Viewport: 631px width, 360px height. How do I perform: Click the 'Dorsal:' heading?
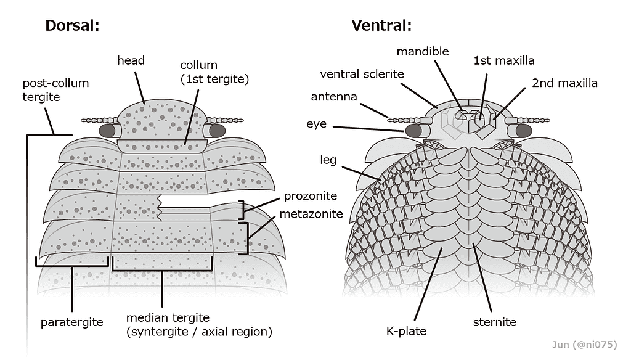(x=72, y=25)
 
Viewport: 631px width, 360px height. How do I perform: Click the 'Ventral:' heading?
(x=381, y=25)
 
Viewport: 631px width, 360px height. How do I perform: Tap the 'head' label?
(x=131, y=60)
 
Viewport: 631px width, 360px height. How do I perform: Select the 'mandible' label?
(x=423, y=52)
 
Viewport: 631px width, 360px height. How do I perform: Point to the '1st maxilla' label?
(x=504, y=61)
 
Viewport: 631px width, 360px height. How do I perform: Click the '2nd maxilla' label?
(x=564, y=83)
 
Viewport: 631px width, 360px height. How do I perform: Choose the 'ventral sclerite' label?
(x=362, y=74)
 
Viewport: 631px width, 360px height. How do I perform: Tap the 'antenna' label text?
(x=334, y=97)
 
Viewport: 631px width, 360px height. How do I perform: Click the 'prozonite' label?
(x=311, y=196)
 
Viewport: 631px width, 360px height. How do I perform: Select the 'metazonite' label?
(x=311, y=214)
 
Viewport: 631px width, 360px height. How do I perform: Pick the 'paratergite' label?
(x=71, y=322)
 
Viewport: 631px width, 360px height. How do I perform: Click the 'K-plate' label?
(x=406, y=331)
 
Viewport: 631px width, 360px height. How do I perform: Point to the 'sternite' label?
(x=495, y=322)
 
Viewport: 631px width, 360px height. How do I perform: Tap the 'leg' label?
(x=328, y=160)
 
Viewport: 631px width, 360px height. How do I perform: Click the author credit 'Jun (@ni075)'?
(x=584, y=345)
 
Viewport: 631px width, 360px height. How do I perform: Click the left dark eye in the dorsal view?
(x=107, y=131)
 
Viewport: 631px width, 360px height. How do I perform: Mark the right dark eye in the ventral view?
(x=524, y=131)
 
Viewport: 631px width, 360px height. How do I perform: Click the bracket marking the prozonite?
(x=241, y=210)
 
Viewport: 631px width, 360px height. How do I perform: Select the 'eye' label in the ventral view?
(x=316, y=124)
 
